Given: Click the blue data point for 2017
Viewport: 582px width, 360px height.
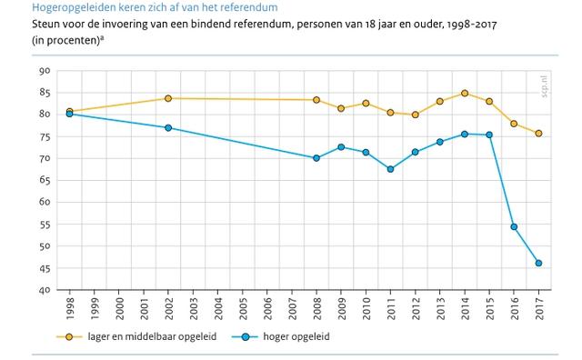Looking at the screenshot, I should click(538, 264).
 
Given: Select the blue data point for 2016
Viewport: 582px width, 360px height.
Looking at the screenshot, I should click(514, 226).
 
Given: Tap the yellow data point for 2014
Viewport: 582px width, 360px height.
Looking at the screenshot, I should click(465, 93).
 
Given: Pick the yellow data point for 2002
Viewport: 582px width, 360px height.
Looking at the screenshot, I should click(168, 98).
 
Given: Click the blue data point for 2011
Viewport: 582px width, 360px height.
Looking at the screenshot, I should click(390, 169).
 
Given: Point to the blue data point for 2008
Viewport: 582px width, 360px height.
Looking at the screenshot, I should click(316, 158).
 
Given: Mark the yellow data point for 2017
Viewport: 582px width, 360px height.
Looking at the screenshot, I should click(538, 134).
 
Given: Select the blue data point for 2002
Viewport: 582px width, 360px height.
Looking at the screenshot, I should click(168, 128).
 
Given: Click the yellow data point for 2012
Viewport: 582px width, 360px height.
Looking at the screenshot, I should click(415, 115).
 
